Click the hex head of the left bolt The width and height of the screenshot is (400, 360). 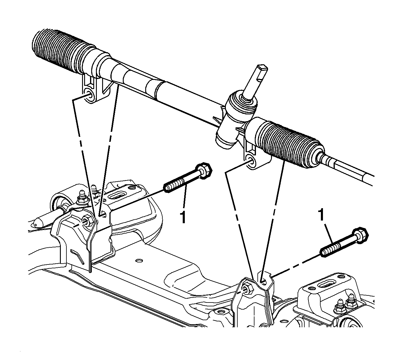204,170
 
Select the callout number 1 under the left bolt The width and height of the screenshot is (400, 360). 183,217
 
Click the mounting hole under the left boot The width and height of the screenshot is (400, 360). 89,95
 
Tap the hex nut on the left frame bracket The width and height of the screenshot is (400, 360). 87,220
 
